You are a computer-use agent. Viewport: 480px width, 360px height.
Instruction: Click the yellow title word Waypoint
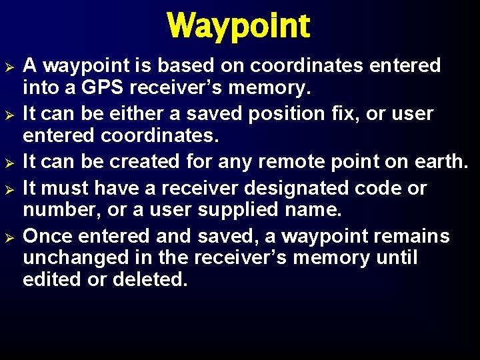(x=239, y=26)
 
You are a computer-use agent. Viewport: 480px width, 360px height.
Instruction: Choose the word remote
(x=272, y=162)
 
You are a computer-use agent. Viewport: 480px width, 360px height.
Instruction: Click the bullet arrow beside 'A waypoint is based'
(x=10, y=66)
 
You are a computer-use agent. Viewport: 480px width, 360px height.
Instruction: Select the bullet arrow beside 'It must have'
(x=10, y=189)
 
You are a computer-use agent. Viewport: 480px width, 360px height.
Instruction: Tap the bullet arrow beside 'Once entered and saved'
(x=10, y=237)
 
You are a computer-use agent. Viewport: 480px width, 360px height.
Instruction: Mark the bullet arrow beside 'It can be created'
(x=10, y=162)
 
